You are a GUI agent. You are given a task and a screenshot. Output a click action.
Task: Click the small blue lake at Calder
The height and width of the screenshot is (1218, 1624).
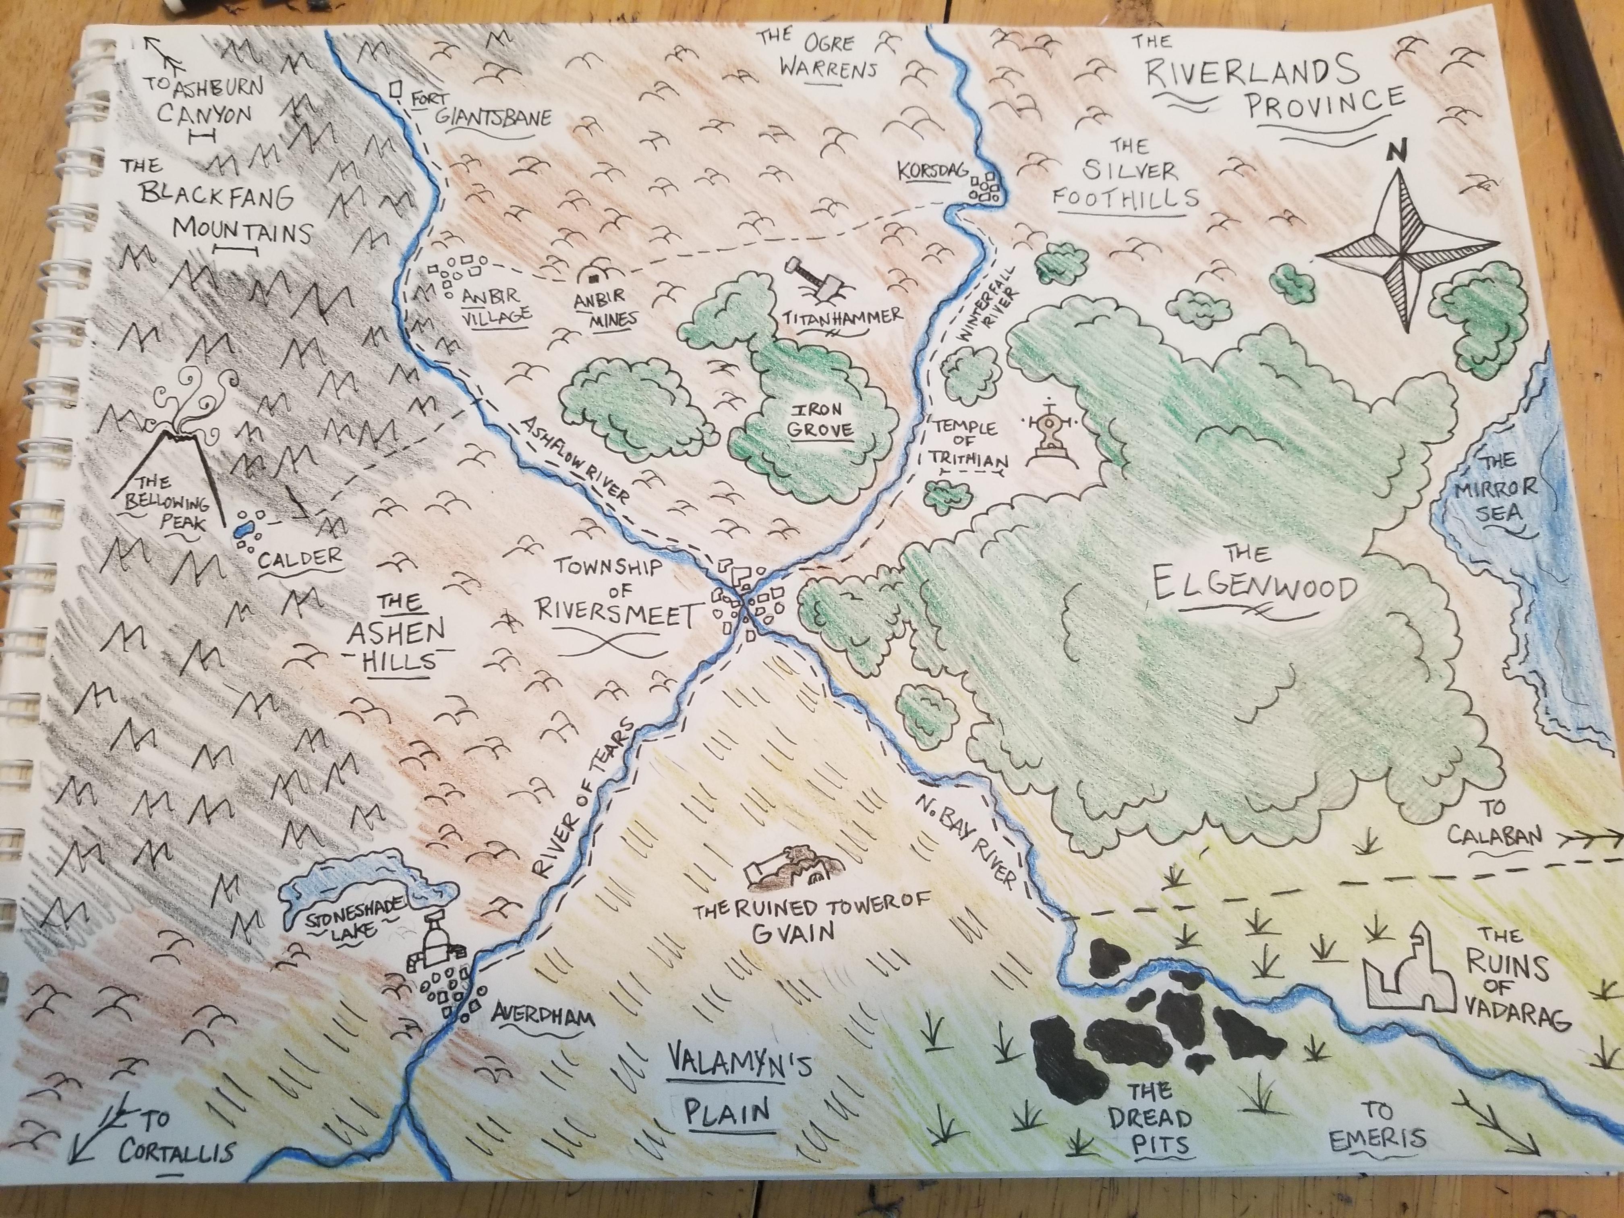(243, 527)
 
